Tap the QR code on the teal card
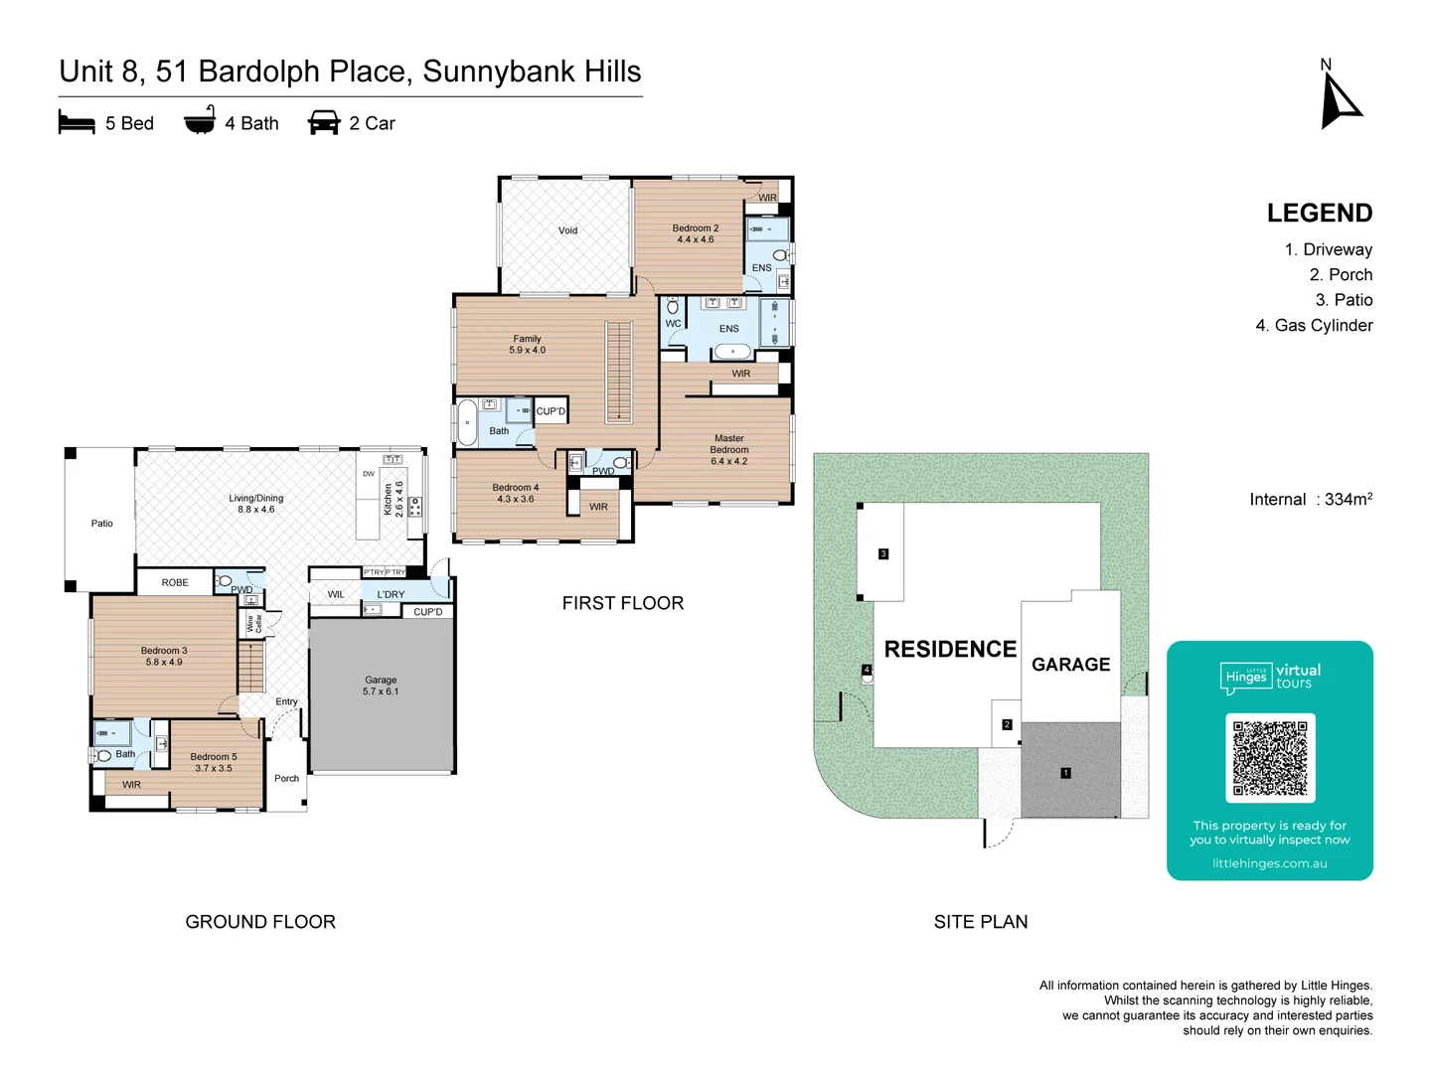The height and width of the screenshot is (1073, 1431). (1270, 757)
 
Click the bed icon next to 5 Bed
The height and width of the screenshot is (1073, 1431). (77, 123)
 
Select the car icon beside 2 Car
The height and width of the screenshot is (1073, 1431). (324, 123)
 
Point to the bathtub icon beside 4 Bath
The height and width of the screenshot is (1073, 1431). (200, 121)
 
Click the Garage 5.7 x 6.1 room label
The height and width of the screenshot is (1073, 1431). (381, 686)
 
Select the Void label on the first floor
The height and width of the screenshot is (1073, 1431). (567, 230)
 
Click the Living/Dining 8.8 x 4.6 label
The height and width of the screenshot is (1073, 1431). (256, 504)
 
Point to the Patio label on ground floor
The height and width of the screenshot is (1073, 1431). (102, 524)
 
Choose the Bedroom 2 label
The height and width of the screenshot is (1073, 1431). (695, 233)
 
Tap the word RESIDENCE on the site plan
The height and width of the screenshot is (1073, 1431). (950, 650)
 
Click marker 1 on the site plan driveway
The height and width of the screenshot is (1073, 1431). (1065, 773)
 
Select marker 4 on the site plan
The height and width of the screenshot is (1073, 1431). (867, 671)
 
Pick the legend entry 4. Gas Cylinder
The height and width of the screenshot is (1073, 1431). (1314, 326)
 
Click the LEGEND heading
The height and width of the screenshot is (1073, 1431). (1319, 214)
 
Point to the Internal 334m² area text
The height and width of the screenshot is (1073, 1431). (1310, 500)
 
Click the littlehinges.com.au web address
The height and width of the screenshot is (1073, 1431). (1269, 864)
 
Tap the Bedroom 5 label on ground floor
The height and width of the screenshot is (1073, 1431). (214, 762)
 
